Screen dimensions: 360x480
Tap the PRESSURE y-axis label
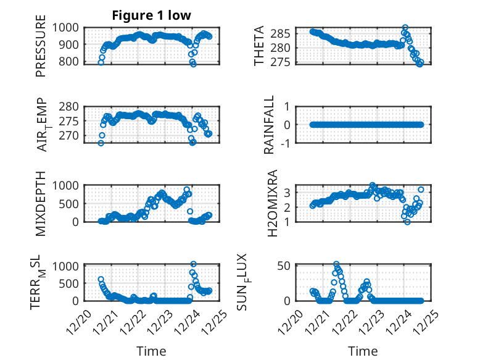[41, 50]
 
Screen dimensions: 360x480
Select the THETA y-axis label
[260, 46]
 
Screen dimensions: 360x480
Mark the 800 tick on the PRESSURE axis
[69, 62]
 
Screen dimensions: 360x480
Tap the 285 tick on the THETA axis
[282, 33]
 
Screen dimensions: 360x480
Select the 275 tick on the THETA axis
[282, 62]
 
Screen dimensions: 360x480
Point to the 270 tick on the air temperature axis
[69, 135]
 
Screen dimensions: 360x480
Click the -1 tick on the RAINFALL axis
[286, 142]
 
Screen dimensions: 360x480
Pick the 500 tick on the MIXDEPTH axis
[69, 203]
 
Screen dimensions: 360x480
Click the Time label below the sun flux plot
[363, 351]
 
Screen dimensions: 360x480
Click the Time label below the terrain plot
[151, 351]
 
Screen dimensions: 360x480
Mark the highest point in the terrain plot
[193, 264]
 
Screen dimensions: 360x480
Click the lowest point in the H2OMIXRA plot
[407, 222]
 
